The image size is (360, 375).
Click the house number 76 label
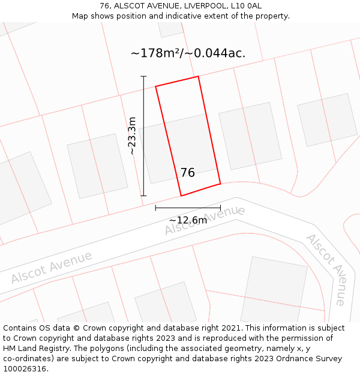(x=188, y=173)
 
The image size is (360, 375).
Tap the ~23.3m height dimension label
(x=132, y=136)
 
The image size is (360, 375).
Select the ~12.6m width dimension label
(x=188, y=220)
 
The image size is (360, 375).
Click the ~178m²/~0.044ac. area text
(x=188, y=53)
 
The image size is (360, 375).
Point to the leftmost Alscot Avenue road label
(x=52, y=268)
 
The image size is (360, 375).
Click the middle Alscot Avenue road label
(x=205, y=220)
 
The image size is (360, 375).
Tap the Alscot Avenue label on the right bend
(x=326, y=269)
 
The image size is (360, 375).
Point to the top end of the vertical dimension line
(x=143, y=76)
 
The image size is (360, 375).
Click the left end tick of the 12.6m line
(x=155, y=208)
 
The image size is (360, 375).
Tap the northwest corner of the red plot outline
(x=156, y=86)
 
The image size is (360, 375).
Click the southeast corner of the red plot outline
(x=220, y=184)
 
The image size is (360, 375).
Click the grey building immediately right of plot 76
(x=250, y=136)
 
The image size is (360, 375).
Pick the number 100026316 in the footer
(x=25, y=369)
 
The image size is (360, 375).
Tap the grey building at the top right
(x=327, y=119)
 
